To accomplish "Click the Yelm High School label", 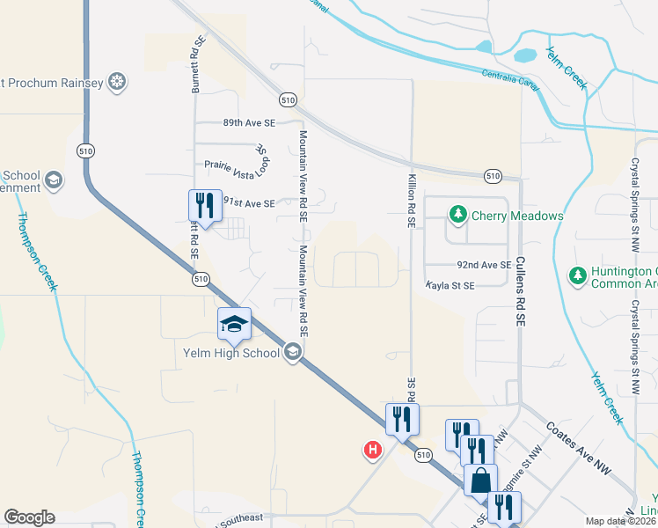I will [232, 353].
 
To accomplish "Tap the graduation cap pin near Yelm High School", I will [235, 324].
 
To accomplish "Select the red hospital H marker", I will [373, 451].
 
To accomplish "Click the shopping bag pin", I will [482, 480].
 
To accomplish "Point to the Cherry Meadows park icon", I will [457, 214].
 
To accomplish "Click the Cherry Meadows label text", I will [517, 215].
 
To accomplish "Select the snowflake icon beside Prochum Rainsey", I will [115, 84].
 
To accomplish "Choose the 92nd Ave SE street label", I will [483, 264].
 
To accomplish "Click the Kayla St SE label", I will [450, 286].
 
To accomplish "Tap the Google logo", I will [28, 517].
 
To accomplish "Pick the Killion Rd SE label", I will [411, 201].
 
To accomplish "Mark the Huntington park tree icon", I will [577, 275].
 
